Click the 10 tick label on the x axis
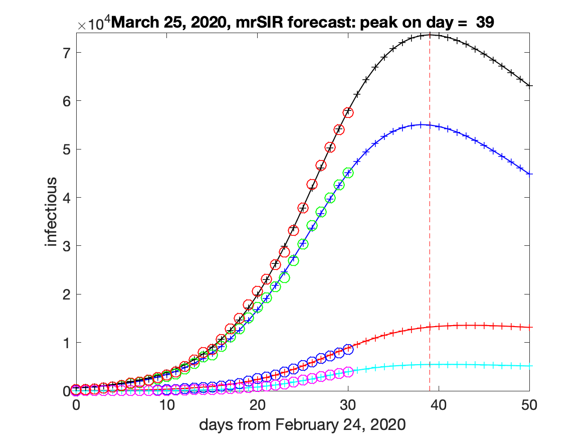(x=167, y=404)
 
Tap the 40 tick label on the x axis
(x=439, y=404)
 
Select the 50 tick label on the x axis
(x=529, y=404)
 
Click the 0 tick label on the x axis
(x=76, y=404)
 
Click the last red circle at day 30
(x=348, y=112)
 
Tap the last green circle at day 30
(x=348, y=173)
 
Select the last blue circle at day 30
(x=348, y=349)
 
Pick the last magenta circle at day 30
(x=348, y=372)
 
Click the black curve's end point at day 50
(x=529, y=86)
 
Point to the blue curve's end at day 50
(x=529, y=174)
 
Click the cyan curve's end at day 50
(x=529, y=366)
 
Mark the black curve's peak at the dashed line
(x=430, y=35)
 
